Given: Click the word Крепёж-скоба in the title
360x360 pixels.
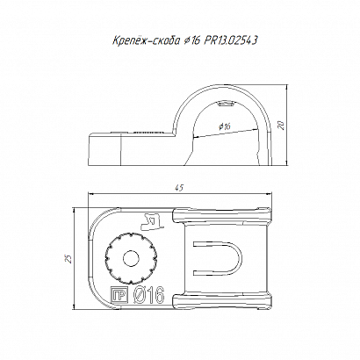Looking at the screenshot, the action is [146, 40].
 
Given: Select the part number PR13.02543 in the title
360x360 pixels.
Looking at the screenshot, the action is [230, 40].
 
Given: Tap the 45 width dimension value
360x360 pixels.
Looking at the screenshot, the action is [180, 188].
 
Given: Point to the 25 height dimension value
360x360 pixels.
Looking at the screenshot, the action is [68, 259].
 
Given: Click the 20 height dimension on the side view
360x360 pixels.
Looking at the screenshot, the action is [281, 126].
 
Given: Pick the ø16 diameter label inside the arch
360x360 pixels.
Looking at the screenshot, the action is [225, 126].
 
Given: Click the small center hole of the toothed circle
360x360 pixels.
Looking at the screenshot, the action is [131, 258].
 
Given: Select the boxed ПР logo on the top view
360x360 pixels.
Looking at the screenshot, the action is [119, 295].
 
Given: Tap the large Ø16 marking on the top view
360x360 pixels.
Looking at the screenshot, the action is [148, 295].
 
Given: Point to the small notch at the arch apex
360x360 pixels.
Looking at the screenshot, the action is [226, 104].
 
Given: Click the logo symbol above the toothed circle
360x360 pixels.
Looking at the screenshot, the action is [152, 221].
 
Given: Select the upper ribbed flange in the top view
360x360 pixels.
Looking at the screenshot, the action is [222, 216].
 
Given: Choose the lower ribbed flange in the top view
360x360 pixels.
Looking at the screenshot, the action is [222, 301].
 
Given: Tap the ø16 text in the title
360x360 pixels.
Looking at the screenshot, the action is [191, 40].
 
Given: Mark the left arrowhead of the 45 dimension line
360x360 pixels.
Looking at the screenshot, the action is [91, 193].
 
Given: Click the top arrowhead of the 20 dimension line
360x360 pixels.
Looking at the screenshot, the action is [287, 87].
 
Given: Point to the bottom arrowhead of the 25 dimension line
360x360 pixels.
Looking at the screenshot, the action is [75, 306].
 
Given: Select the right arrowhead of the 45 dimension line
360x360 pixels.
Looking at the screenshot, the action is [269, 193].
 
